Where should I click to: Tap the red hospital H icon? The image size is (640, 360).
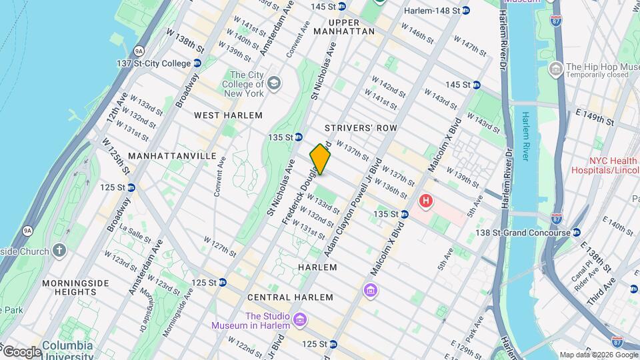pos(425,201)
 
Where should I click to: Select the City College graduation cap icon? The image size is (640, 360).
pos(273,84)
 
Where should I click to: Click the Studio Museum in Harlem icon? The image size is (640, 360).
pos(299,321)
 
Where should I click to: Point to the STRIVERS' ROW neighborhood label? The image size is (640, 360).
pos(361,127)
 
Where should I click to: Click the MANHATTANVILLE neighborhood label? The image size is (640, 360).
pos(171,155)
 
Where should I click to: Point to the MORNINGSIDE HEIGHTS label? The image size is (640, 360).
pos(75,287)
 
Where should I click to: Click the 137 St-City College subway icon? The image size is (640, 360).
pos(197,63)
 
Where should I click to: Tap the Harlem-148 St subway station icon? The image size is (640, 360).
pos(466,11)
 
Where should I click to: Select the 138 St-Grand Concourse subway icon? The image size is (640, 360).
pos(577,233)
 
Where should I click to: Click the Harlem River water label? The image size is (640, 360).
pos(525,136)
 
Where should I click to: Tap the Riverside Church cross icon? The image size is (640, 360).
pos(59,251)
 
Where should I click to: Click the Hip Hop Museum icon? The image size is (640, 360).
pos(555,69)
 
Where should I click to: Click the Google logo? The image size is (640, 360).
pos(22,351)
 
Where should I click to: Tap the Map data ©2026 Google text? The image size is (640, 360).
pos(597,355)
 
